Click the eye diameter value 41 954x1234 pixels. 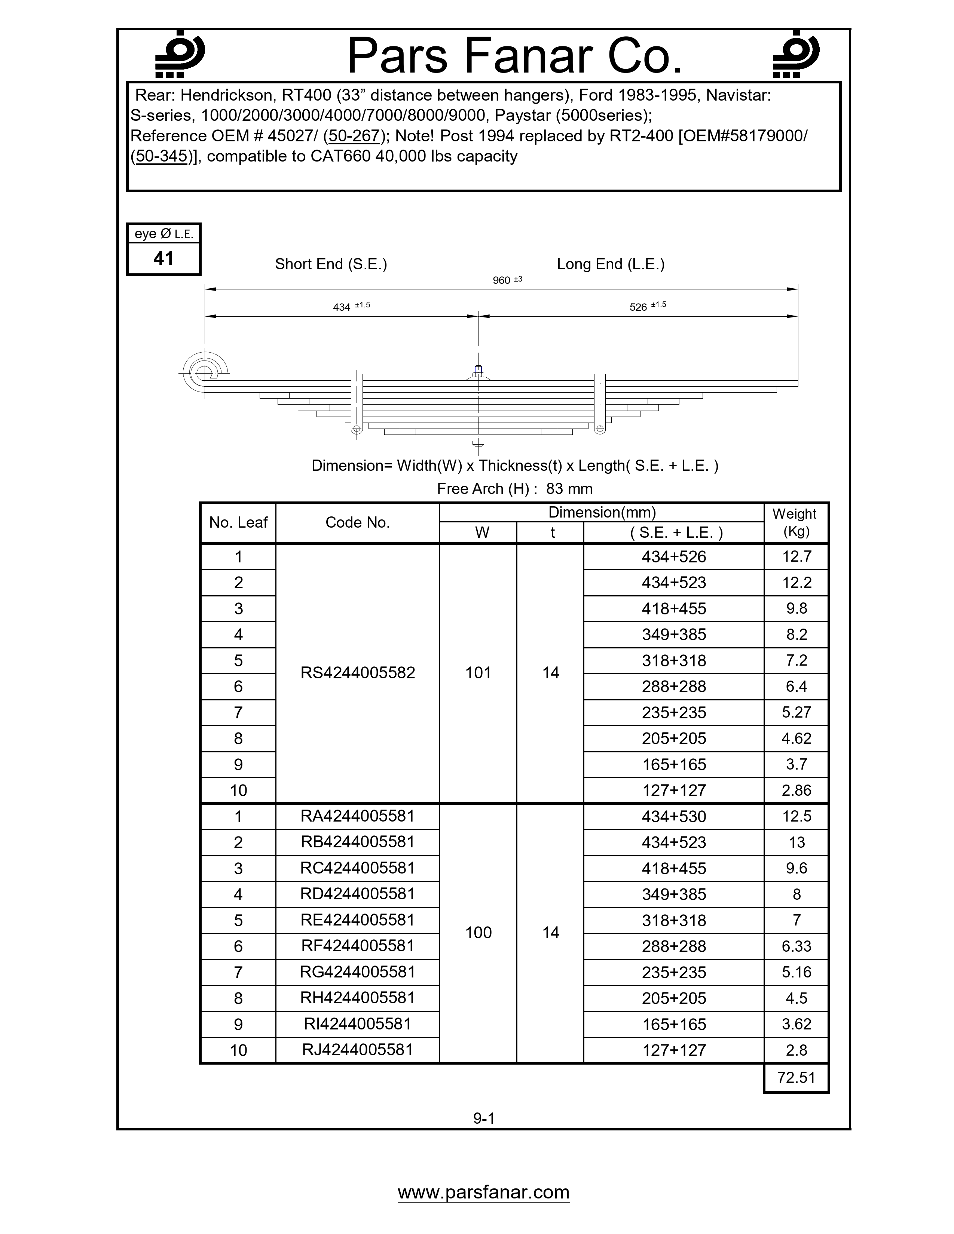[x=163, y=258]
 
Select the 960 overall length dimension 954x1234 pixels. [x=502, y=280]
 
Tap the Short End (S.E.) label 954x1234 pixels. [x=331, y=264]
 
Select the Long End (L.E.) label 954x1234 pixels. [x=611, y=264]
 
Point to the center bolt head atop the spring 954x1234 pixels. [x=478, y=371]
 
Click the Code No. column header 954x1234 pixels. [x=357, y=523]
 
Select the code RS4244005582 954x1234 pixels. [x=357, y=672]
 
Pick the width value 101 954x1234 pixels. [x=478, y=672]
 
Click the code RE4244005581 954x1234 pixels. [x=357, y=920]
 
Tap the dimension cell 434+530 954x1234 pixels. [x=674, y=816]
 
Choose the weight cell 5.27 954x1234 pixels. [x=796, y=712]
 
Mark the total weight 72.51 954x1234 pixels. [x=796, y=1077]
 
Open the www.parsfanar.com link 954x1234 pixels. [x=483, y=1192]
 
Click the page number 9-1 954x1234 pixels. [x=484, y=1118]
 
